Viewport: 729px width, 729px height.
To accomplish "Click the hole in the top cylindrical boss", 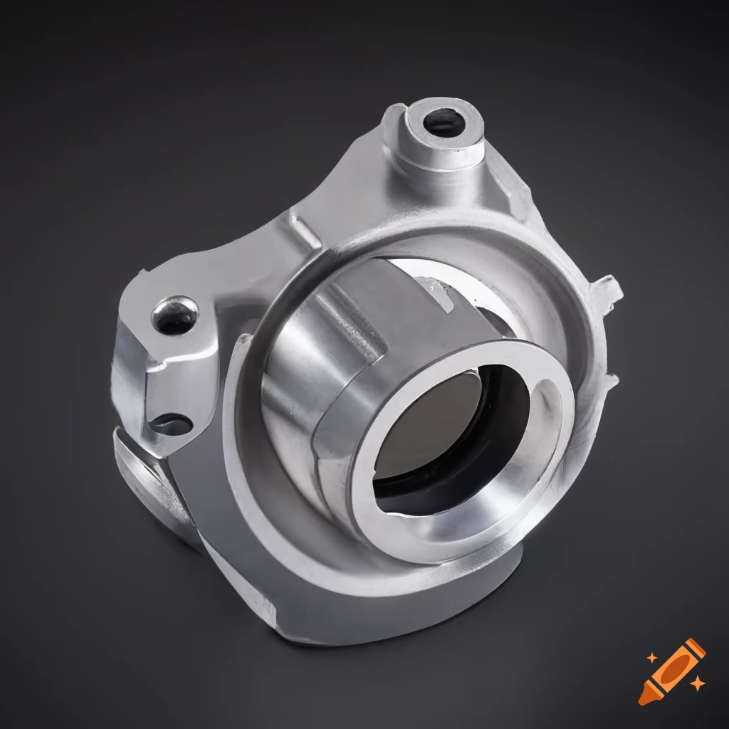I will (x=444, y=123).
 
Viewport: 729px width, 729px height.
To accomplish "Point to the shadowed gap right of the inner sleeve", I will (x=498, y=320).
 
